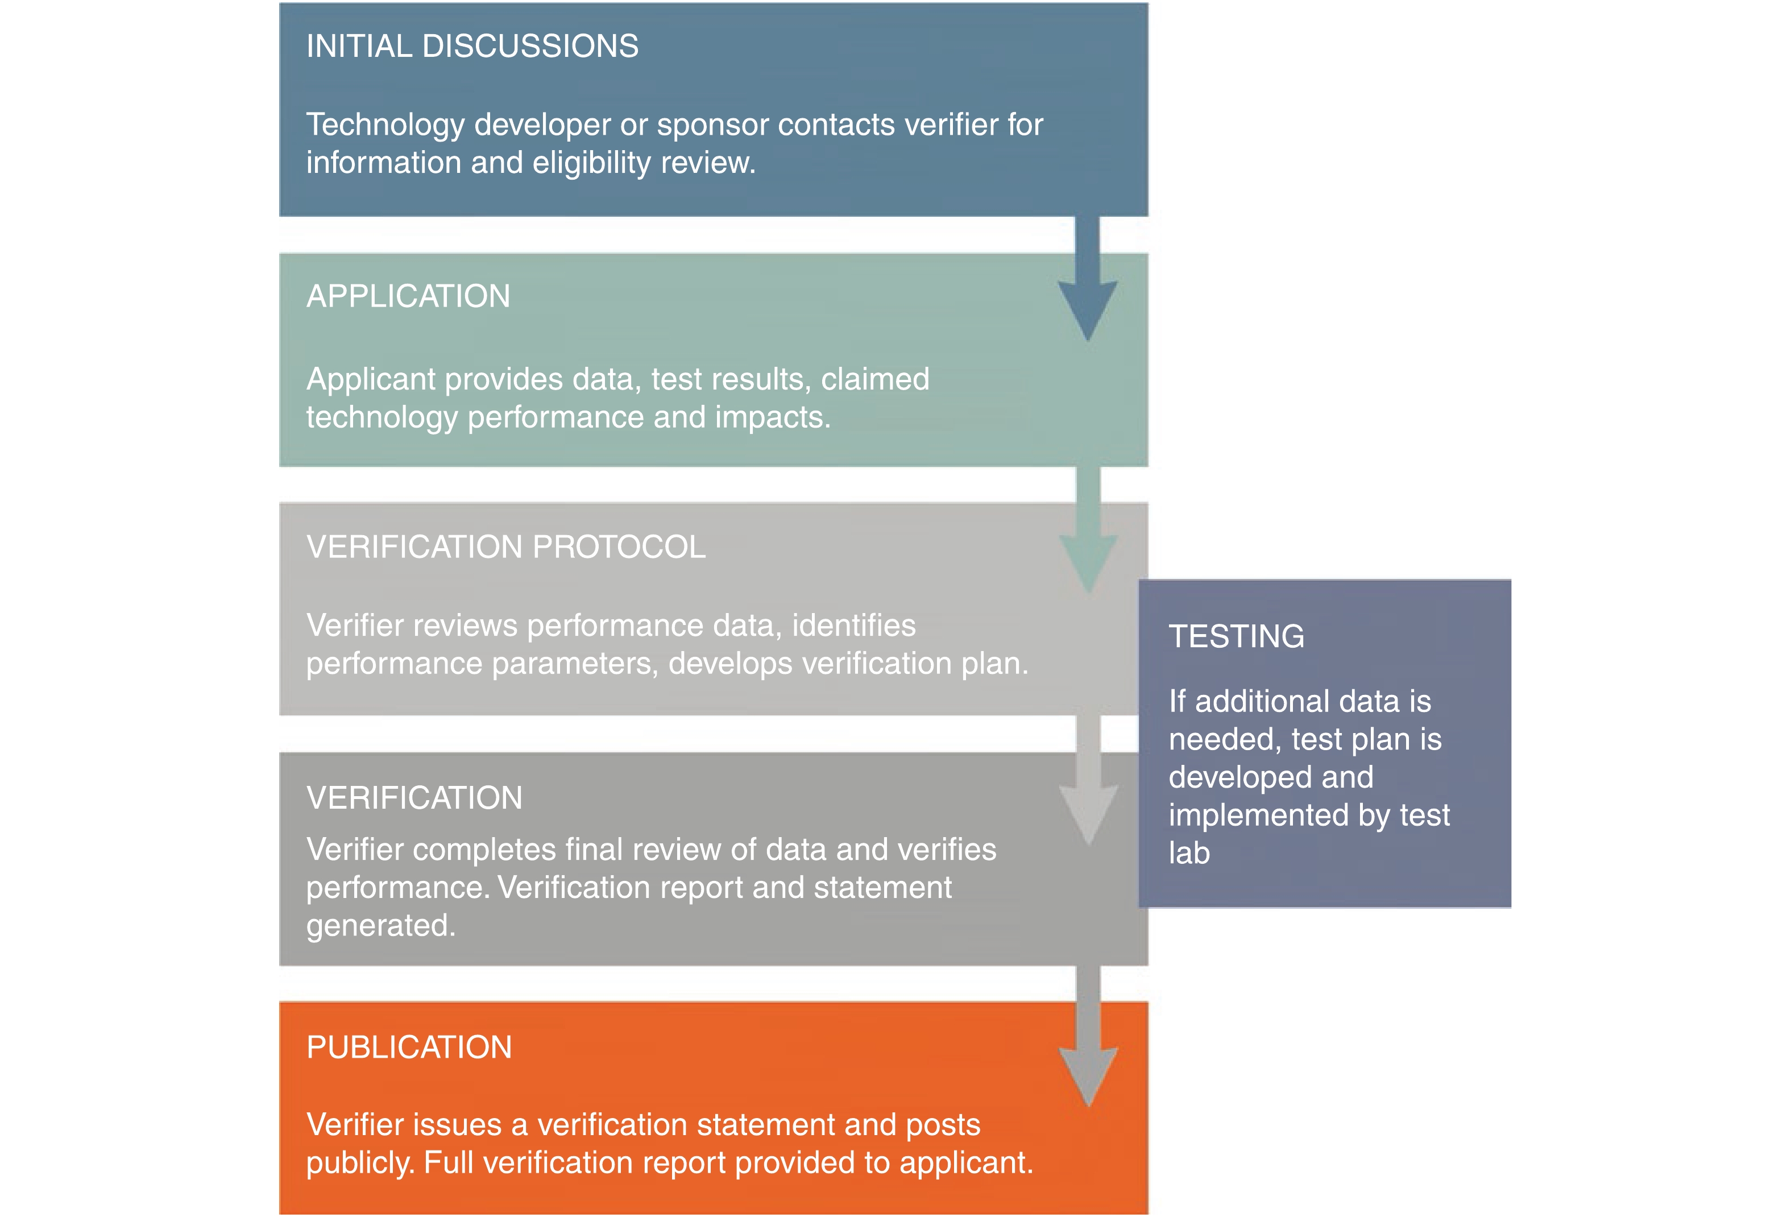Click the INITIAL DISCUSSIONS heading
pos(472,46)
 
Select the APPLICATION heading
pos(408,297)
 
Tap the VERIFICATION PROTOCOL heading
pos(505,547)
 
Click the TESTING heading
pos(1236,636)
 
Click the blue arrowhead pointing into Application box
pos(1087,308)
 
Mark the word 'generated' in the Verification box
pos(380,926)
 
